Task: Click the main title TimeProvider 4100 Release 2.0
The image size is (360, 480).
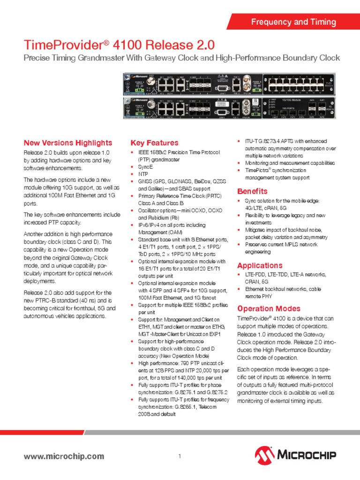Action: [119, 45]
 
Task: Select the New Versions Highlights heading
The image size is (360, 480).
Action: [68, 142]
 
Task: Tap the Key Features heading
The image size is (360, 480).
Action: [154, 142]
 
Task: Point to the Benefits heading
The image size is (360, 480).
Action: [252, 191]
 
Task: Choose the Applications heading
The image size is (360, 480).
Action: [260, 265]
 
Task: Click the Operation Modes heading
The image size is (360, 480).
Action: [269, 308]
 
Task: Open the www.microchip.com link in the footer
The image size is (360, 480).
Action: [64, 456]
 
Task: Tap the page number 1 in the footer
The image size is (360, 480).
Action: [180, 457]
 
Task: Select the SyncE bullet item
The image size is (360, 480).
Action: [146, 167]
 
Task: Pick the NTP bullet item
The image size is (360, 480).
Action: [143, 174]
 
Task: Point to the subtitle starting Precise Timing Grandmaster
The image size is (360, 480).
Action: [181, 58]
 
